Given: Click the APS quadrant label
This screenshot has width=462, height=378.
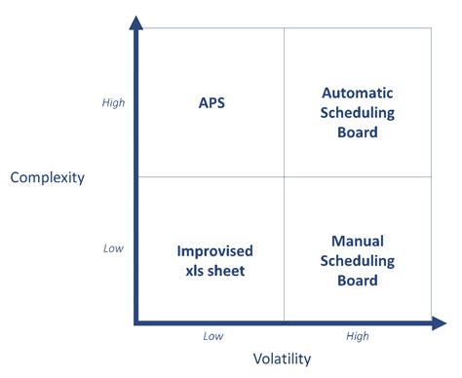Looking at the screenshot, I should click(211, 101).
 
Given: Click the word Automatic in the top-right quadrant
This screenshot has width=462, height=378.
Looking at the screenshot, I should click(357, 94).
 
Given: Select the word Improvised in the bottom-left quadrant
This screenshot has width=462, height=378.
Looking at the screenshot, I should click(211, 251).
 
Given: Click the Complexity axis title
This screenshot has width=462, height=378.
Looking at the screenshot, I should click(48, 177).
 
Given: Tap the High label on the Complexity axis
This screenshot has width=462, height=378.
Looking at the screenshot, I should click(114, 102).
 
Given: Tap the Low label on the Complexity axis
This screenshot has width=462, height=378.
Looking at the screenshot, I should click(114, 248).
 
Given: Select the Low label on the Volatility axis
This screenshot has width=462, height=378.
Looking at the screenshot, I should click(212, 336).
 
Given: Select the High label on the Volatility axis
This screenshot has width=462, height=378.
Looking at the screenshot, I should click(358, 336).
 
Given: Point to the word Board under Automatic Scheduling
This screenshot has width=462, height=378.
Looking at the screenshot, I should click(357, 132).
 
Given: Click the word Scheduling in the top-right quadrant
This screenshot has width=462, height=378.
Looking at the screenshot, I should click(357, 113).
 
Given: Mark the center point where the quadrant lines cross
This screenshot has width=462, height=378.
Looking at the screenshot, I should click(284, 176).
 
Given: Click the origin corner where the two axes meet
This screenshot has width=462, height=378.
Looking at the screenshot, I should click(137, 321).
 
